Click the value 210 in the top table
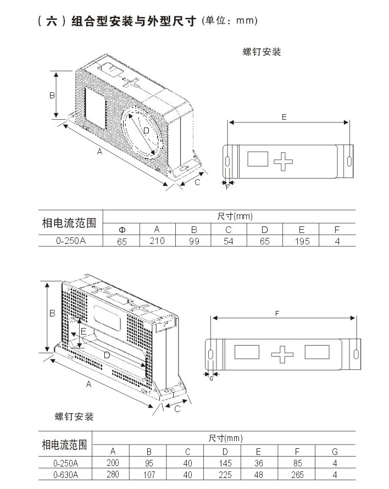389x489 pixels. [157, 241]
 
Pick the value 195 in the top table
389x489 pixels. [302, 241]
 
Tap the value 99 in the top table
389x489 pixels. [193, 241]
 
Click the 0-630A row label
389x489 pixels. [66, 474]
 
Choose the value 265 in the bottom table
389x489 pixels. [298, 474]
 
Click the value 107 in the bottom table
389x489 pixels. [149, 474]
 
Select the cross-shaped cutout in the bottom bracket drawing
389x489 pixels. [282, 354]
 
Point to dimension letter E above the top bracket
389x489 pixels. [284, 117]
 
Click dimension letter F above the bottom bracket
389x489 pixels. [277, 313]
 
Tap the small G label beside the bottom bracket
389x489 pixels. [211, 379]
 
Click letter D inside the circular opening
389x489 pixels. [146, 131]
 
